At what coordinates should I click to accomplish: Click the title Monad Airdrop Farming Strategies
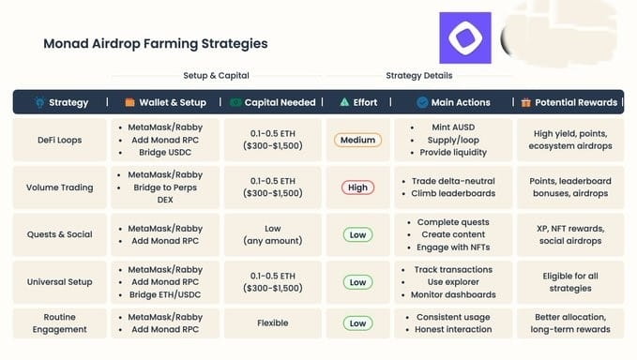pyautogui.click(x=156, y=43)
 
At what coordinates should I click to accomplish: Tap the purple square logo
pyautogui.click(x=465, y=37)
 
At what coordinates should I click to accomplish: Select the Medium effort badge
pyautogui.click(x=357, y=140)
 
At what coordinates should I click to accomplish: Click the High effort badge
pyautogui.click(x=357, y=187)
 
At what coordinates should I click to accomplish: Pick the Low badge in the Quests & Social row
pyautogui.click(x=357, y=234)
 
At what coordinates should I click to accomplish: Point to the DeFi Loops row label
pyautogui.click(x=60, y=140)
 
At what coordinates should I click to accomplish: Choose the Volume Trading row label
pyautogui.click(x=60, y=187)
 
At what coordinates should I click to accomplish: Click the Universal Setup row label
pyautogui.click(x=60, y=282)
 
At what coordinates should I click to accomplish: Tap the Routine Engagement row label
pyautogui.click(x=60, y=323)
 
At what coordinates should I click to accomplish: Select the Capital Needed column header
pyautogui.click(x=280, y=102)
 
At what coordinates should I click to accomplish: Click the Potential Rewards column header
pyautogui.click(x=576, y=102)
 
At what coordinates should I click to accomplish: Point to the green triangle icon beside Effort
pyautogui.click(x=344, y=102)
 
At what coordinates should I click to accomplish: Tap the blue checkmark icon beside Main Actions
pyautogui.click(x=422, y=102)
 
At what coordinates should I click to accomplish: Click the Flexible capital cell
pyautogui.click(x=273, y=323)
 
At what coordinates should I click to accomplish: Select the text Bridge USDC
pyautogui.click(x=165, y=152)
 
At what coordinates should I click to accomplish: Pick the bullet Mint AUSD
pyautogui.click(x=453, y=127)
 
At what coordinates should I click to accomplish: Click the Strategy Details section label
pyautogui.click(x=418, y=76)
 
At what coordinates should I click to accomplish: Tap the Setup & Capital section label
pyautogui.click(x=216, y=76)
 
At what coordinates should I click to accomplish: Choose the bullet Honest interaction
pyautogui.click(x=453, y=329)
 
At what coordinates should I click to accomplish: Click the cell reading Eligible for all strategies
pyautogui.click(x=570, y=282)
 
